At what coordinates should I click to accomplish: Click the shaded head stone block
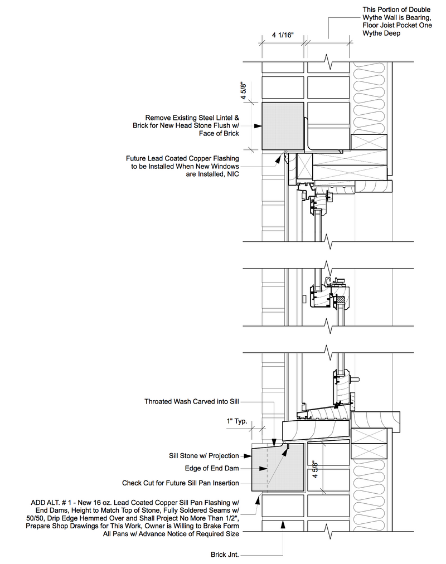(x=283, y=127)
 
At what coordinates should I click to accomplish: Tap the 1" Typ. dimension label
(x=237, y=421)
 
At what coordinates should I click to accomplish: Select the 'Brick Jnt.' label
(x=224, y=555)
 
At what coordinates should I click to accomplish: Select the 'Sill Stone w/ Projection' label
(x=203, y=456)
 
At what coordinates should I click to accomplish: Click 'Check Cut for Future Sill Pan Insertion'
(x=181, y=483)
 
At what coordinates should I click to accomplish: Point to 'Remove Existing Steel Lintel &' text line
(x=192, y=118)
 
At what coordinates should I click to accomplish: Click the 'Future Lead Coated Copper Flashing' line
(x=182, y=158)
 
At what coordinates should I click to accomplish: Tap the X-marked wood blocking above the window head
(x=370, y=142)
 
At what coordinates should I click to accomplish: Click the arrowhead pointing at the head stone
(x=258, y=127)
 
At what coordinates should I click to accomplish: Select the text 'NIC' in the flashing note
(x=232, y=174)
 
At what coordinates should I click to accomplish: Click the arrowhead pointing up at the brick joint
(x=284, y=523)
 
